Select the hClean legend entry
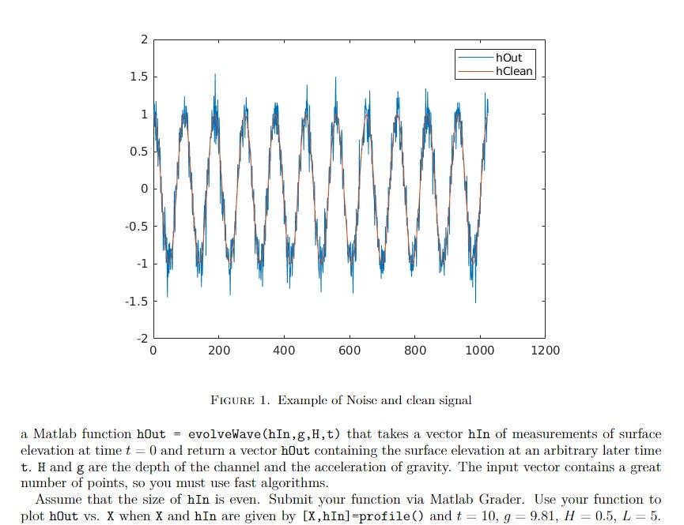513,71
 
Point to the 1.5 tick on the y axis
138,77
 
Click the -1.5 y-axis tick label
136,301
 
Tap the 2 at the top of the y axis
143,39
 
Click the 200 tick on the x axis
219,351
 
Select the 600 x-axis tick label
350,351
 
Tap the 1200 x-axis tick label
546,351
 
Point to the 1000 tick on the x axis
480,351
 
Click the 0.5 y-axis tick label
138,152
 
